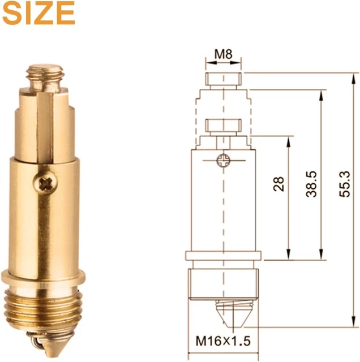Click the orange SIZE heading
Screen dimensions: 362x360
point(38,13)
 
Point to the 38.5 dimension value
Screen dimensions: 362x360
point(311,184)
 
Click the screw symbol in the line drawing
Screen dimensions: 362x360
point(223,161)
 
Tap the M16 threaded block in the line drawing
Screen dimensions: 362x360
point(224,286)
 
